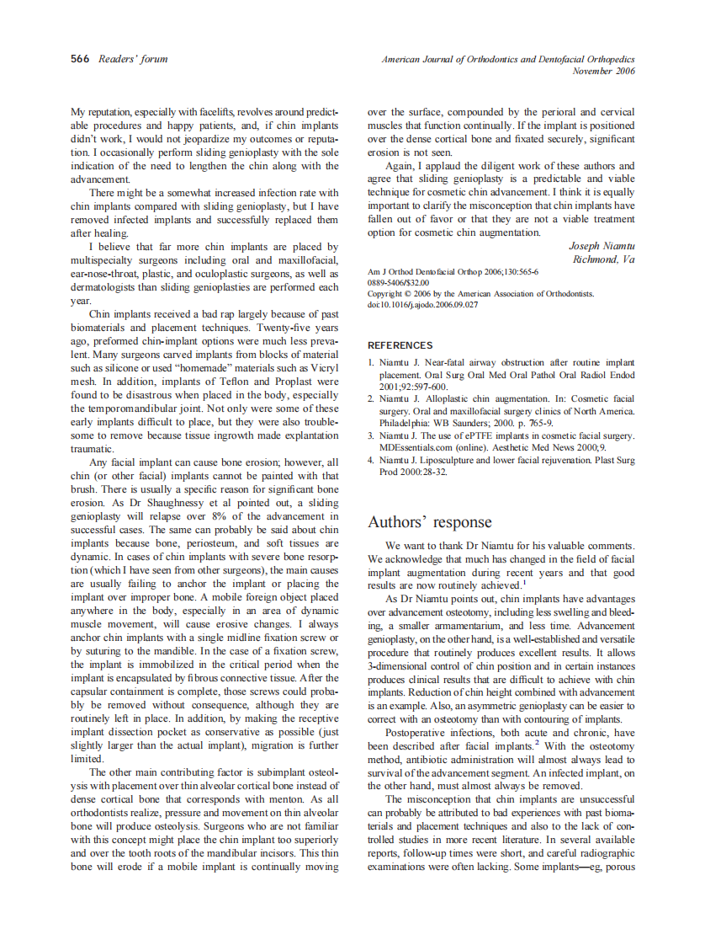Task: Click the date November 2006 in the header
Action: (603, 71)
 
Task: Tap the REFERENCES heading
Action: (400, 345)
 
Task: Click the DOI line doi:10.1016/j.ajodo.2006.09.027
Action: (422, 304)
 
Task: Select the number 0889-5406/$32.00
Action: (398, 283)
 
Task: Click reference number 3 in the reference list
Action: (371, 435)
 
